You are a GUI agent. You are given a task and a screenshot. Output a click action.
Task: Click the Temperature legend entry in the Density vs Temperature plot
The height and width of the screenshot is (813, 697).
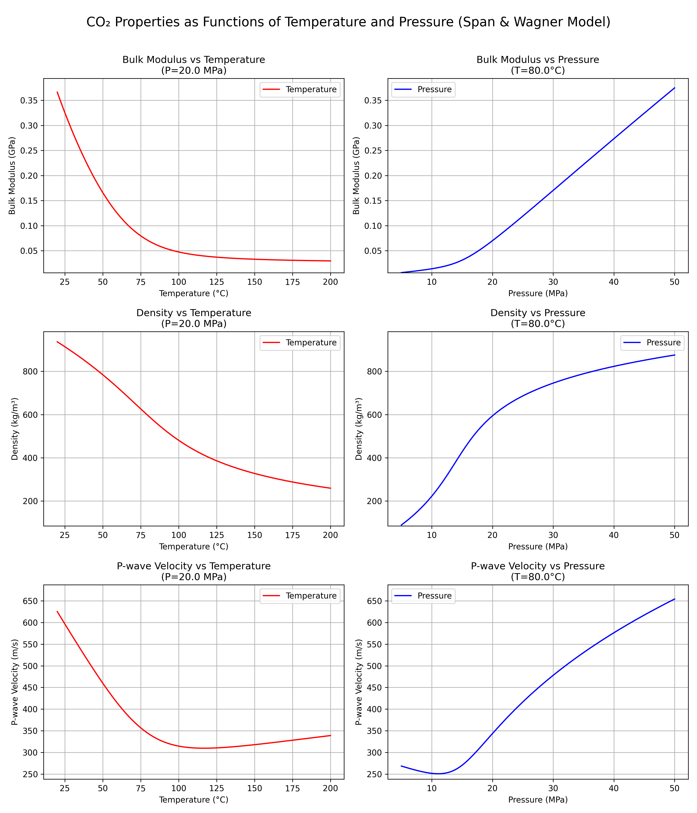tap(311, 343)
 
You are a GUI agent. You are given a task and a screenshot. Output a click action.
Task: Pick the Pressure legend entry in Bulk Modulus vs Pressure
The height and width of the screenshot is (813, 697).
tap(434, 89)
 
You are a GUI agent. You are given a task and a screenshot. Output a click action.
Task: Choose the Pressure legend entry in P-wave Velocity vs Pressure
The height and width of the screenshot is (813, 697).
tap(434, 596)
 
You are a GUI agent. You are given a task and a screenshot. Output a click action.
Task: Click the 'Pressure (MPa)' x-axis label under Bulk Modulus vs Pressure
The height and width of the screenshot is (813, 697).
tap(538, 293)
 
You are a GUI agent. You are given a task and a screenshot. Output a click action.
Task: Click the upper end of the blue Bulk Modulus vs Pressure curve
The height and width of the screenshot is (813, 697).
tap(674, 88)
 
